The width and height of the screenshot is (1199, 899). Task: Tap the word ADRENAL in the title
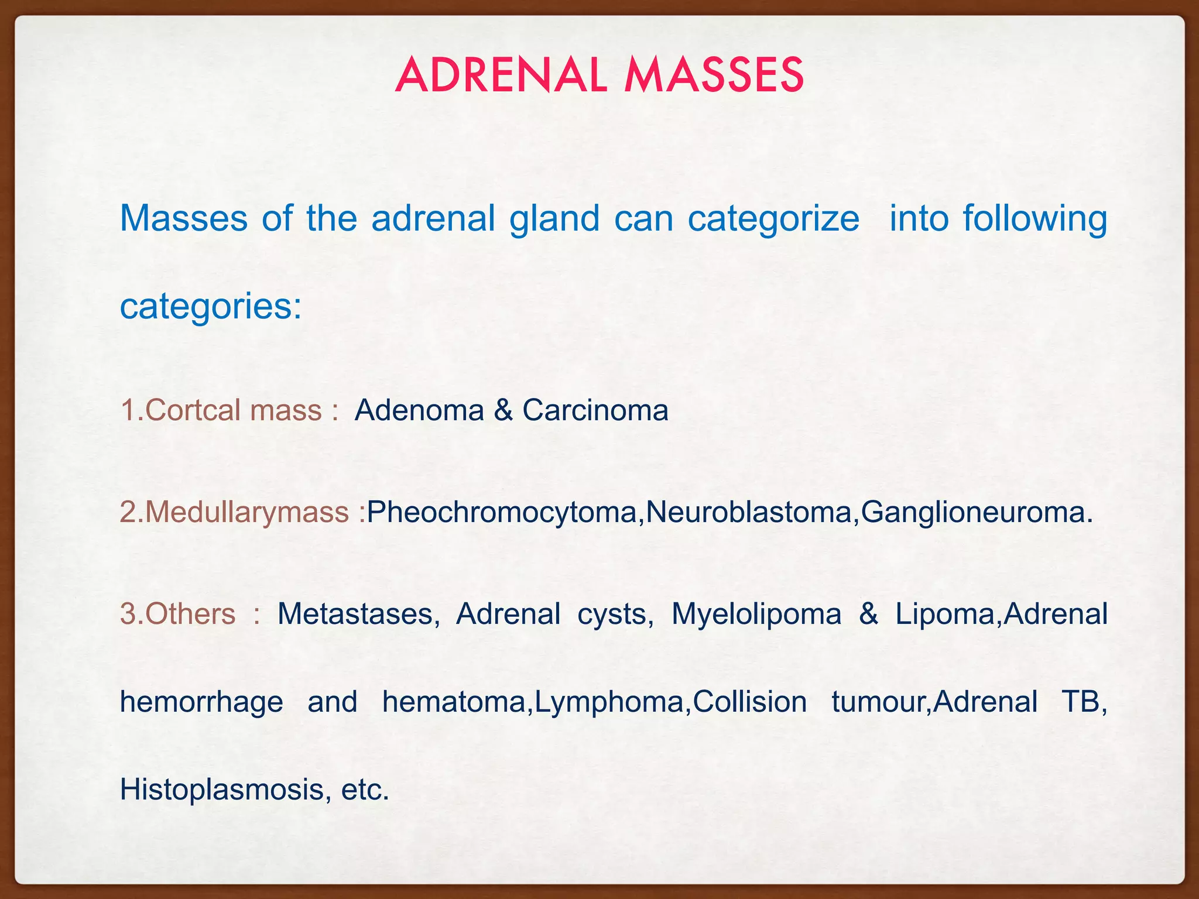point(501,76)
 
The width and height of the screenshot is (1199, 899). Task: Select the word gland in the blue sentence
point(554,218)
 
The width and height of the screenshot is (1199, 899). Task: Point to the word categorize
point(773,218)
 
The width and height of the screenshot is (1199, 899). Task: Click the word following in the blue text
point(1035,218)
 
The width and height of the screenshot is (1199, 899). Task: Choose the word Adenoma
point(419,410)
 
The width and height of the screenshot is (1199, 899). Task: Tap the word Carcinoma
point(595,410)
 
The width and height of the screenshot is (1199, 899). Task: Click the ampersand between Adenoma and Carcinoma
point(503,410)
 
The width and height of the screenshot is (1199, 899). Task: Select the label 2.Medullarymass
point(234,512)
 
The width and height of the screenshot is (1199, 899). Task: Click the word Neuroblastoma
point(748,512)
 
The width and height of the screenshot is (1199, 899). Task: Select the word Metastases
point(358,614)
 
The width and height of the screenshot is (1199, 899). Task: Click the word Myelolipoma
point(756,614)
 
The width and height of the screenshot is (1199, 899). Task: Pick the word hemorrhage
point(201,702)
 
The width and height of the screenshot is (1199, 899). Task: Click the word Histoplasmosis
point(222,790)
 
